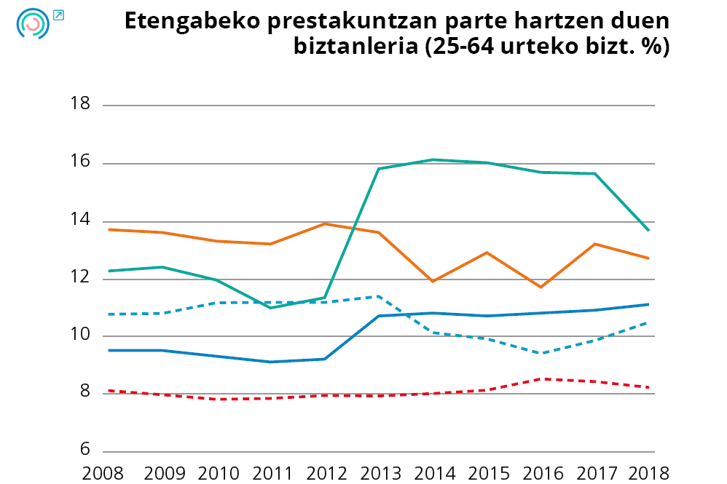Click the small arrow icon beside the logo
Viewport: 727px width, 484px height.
coord(58,14)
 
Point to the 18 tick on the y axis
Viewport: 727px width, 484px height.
coord(80,104)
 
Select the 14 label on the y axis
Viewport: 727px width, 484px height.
coord(80,220)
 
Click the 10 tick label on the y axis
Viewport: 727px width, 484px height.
coord(80,336)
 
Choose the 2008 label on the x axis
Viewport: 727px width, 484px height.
coord(103,472)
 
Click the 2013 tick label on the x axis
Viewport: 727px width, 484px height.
coord(380,472)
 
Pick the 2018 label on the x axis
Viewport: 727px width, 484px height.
coord(648,472)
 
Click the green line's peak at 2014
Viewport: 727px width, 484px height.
coord(434,159)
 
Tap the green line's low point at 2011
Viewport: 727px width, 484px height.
coord(270,308)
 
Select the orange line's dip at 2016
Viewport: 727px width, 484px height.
coord(541,287)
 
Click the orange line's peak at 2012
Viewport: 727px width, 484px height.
coord(325,223)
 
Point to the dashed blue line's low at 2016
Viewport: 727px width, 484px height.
coord(541,353)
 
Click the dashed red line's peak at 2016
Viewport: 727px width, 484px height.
coord(541,378)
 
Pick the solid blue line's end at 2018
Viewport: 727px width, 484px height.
coord(648,304)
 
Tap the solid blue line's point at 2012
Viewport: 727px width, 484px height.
coord(325,359)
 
